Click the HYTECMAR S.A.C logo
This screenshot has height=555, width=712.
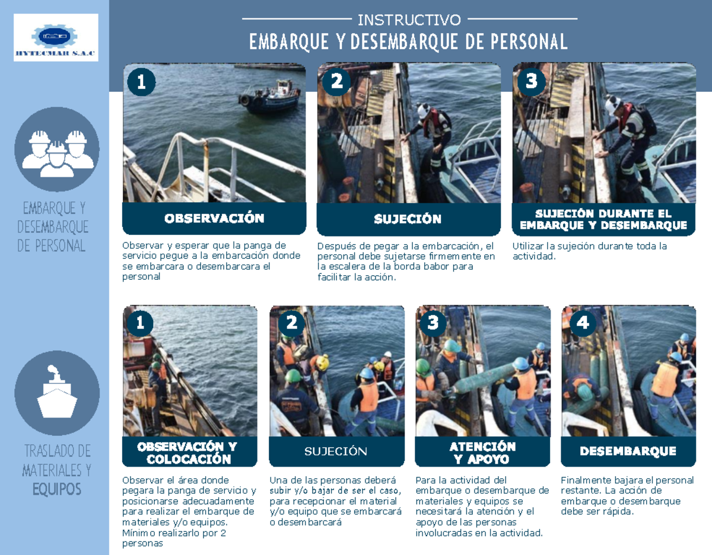[56, 38]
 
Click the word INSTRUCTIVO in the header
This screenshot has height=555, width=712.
[409, 20]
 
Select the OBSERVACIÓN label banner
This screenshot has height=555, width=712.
[214, 219]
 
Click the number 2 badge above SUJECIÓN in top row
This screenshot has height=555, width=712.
[336, 81]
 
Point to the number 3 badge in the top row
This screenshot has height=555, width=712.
[532, 81]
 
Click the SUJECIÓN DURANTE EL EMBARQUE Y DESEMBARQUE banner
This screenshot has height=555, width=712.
[603, 219]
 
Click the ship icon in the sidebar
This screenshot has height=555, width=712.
[57, 393]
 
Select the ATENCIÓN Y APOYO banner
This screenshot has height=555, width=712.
[482, 452]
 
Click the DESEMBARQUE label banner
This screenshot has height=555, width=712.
[628, 452]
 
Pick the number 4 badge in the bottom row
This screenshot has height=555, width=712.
[583, 323]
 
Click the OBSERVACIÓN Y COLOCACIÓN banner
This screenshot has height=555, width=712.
[189, 452]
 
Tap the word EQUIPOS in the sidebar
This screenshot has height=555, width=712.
[57, 490]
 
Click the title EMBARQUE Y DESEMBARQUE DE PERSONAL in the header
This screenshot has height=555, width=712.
[409, 42]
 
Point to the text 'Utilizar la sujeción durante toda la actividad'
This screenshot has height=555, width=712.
[590, 251]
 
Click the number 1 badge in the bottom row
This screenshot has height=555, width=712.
[140, 323]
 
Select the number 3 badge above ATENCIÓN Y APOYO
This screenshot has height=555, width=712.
[433, 323]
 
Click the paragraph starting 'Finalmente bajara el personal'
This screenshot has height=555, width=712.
[627, 495]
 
